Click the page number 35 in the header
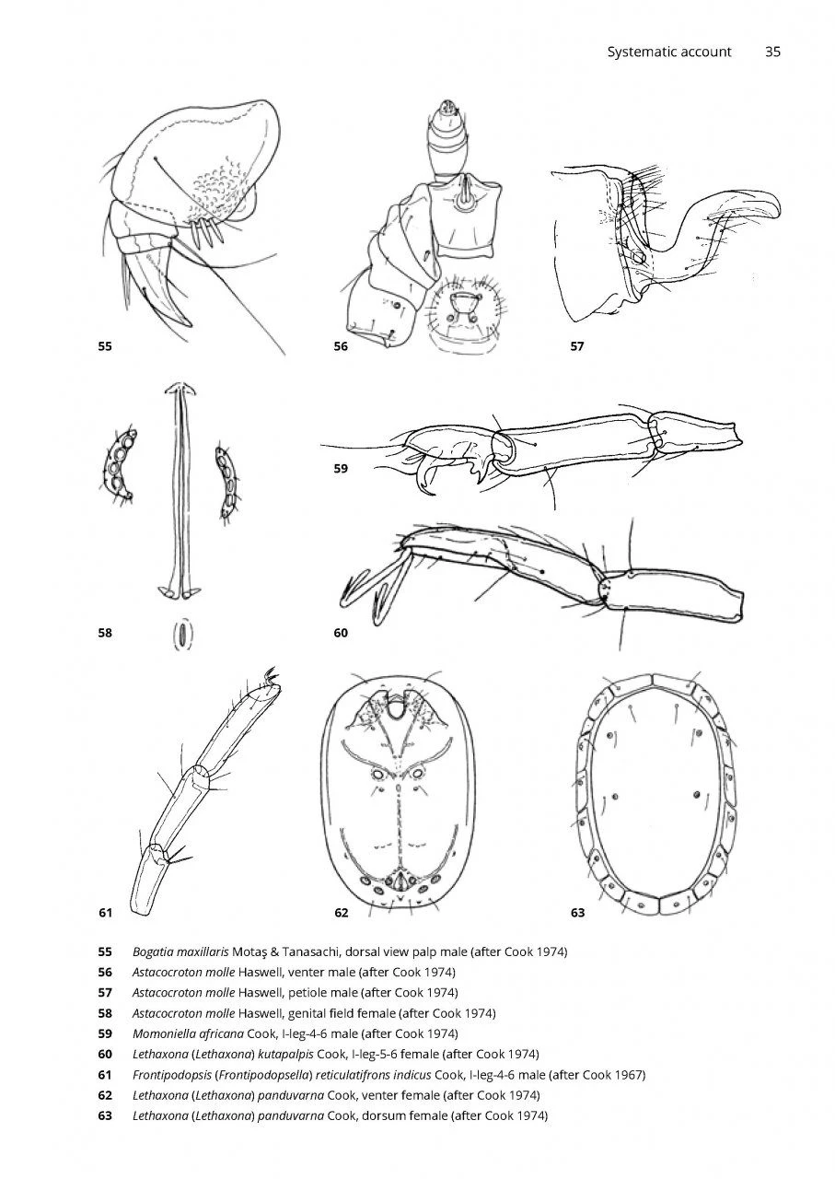(x=772, y=52)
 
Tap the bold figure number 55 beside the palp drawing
(x=105, y=346)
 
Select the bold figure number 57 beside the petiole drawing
(x=577, y=346)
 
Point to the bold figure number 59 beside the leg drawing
(x=341, y=469)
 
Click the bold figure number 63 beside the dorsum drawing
(x=578, y=913)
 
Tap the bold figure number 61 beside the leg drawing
(x=105, y=913)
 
